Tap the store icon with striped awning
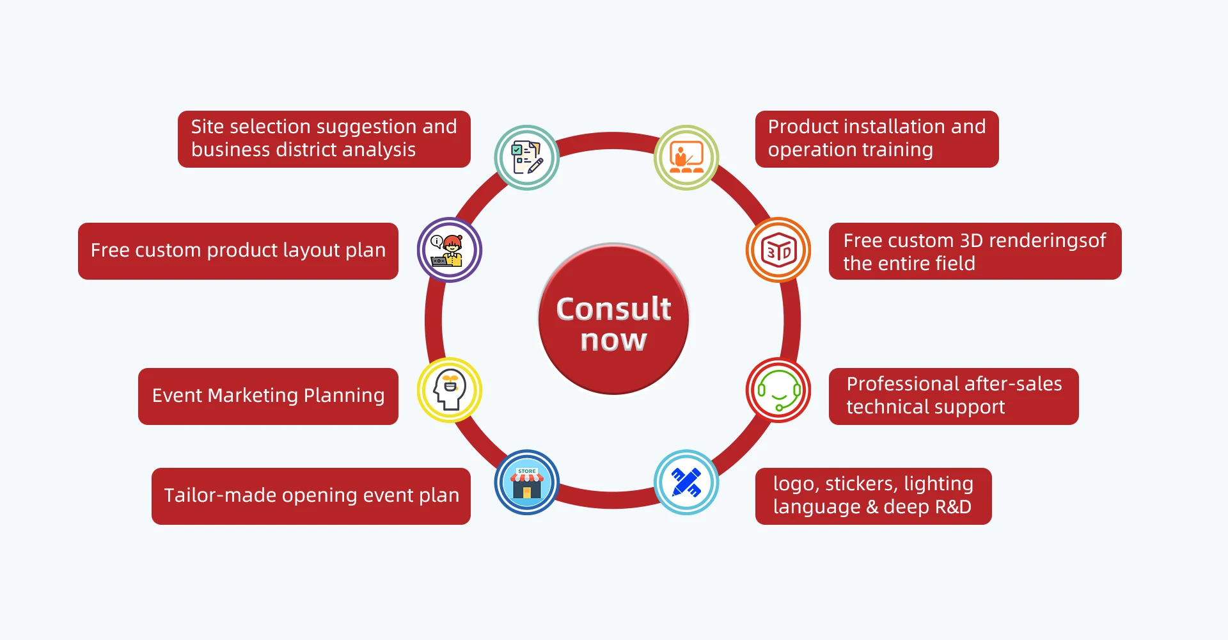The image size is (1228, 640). (x=526, y=483)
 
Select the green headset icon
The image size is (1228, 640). (x=778, y=390)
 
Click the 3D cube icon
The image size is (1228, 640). (x=778, y=250)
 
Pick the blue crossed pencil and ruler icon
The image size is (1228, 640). (x=686, y=483)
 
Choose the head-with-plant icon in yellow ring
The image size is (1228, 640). (x=450, y=390)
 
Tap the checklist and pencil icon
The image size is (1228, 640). (x=526, y=157)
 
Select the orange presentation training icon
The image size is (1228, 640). (x=686, y=157)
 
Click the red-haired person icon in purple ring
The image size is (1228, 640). (x=450, y=250)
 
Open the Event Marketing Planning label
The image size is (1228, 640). (x=268, y=396)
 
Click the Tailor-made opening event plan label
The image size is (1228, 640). (x=311, y=496)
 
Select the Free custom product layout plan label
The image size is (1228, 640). (x=238, y=251)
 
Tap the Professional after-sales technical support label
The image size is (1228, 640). (x=954, y=396)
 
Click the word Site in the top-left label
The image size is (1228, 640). (x=207, y=127)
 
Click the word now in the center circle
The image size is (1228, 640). (x=613, y=340)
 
